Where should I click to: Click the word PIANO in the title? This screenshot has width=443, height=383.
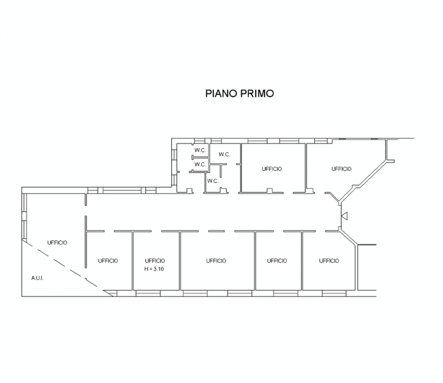pos(221,93)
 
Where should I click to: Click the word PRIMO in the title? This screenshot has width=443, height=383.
pos(257,93)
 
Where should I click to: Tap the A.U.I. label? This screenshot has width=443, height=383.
pos(37,278)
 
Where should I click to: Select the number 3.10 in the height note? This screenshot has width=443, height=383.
pos(159,269)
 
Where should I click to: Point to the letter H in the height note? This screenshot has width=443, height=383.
pos(147,269)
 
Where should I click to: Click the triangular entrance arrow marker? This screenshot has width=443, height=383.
pos(344,216)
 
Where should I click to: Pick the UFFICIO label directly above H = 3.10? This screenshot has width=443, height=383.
pos(155,261)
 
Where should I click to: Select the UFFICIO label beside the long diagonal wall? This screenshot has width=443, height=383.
pos(341,169)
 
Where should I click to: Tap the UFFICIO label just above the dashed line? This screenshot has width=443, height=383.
pos(57,243)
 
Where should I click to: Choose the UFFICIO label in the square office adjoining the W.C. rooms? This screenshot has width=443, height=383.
pos(272,169)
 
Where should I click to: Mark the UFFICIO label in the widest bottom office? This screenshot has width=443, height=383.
pos(216,261)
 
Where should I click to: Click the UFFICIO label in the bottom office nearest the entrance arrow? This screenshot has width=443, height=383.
pos(329,261)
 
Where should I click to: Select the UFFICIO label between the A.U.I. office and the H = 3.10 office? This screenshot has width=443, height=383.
pos(108,261)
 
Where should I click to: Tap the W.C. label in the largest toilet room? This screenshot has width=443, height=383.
pos(224,155)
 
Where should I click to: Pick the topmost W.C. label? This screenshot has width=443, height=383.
pos(200,151)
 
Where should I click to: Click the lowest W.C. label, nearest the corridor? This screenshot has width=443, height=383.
pos(213,181)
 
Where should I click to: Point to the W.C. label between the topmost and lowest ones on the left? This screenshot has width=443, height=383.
pos(200,164)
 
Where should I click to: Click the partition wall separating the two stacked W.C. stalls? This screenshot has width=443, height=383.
pos(200,157)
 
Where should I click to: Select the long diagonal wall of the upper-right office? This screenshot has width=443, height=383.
pos(363,181)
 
